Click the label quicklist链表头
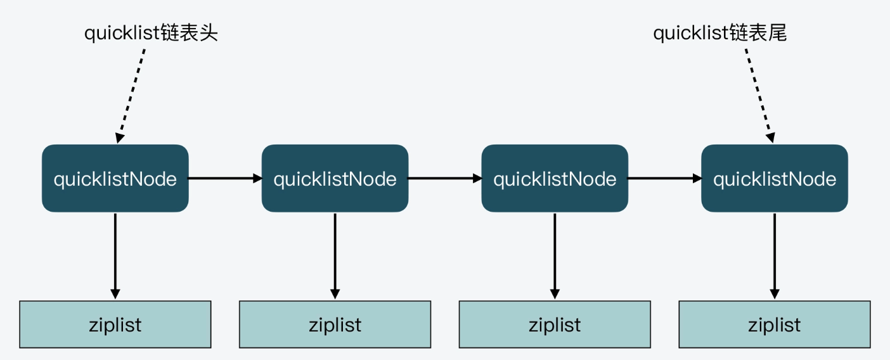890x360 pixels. coord(151,34)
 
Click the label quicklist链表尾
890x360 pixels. coord(719,34)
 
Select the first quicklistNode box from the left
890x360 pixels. coord(115,179)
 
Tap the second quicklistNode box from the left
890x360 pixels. coord(335,179)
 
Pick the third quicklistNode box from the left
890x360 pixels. coord(555,179)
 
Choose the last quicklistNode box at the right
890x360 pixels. coord(774,179)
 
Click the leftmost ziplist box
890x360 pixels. coord(115,325)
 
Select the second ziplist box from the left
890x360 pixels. coord(335,325)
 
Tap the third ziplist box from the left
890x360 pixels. coord(555,325)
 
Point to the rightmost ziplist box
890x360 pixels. coord(774,325)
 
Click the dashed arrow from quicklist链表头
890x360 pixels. coord(132,95)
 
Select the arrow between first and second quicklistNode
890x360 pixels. coord(225,179)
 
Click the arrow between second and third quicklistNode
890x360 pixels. coord(445,179)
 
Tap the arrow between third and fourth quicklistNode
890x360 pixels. coord(664,179)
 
